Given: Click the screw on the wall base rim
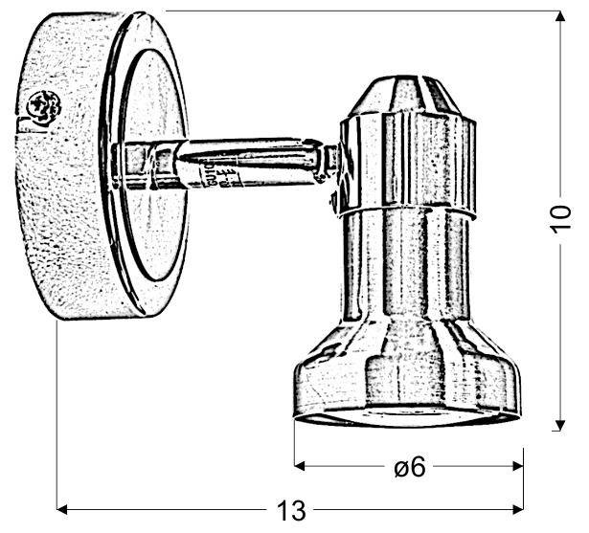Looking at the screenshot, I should (x=41, y=106).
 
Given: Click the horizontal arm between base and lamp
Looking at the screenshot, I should (x=249, y=161).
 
